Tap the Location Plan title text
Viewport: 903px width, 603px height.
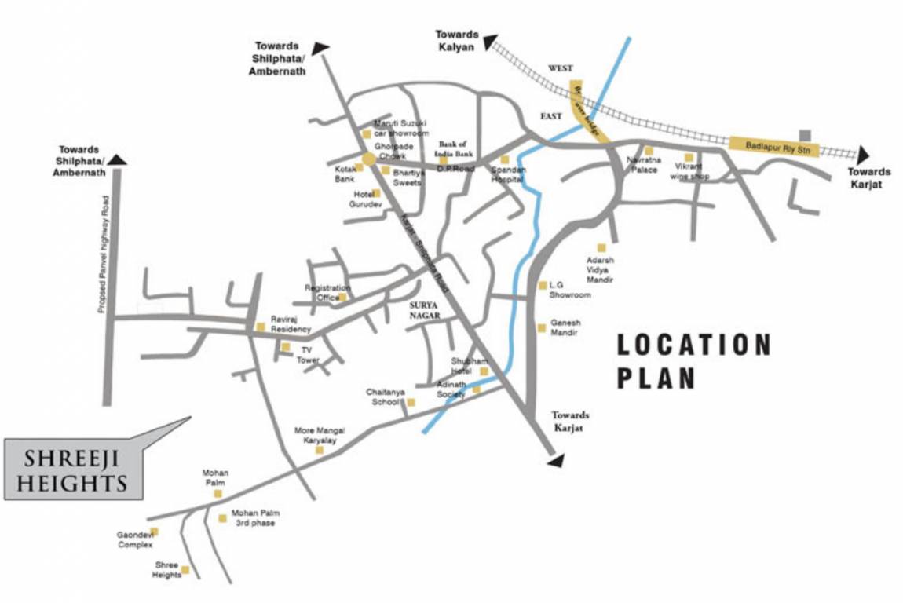[x=693, y=361]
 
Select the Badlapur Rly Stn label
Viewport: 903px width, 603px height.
[x=773, y=145]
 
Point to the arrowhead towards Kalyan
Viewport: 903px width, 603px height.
[x=491, y=42]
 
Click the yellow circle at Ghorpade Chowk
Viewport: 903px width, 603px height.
[x=368, y=159]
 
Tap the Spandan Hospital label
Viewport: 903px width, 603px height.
[x=507, y=174]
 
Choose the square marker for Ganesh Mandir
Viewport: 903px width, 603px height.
[x=541, y=328]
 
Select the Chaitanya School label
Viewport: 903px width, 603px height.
[x=385, y=397]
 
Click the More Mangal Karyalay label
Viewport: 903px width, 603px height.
[x=320, y=436]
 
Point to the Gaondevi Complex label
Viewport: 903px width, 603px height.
[x=134, y=539]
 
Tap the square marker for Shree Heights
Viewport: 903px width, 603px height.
[x=185, y=570]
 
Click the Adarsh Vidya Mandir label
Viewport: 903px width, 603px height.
[x=600, y=269]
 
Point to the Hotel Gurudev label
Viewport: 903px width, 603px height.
[x=366, y=199]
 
